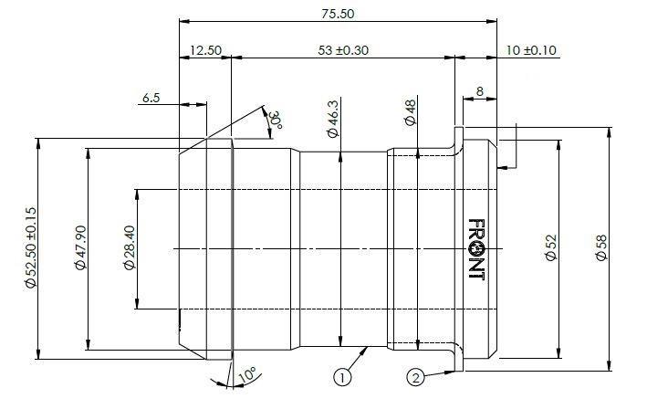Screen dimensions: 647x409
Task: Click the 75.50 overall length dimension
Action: point(338,14)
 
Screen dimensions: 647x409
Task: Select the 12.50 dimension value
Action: point(205,50)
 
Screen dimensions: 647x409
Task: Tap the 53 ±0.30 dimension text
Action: point(343,50)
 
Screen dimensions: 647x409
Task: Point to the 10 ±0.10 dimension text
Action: point(531,50)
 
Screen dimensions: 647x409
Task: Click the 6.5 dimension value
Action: point(151,98)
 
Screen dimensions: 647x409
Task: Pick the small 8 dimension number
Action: point(479,91)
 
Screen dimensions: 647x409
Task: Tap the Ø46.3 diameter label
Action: point(332,119)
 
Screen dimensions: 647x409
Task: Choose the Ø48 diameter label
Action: point(411,112)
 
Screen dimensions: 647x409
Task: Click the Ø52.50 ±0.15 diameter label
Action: point(30,247)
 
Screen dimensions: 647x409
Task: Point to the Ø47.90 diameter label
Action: point(81,247)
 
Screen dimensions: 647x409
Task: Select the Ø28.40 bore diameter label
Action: point(130,247)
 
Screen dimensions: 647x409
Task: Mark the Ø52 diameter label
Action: point(551,247)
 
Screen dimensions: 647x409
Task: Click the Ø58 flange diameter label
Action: point(601,247)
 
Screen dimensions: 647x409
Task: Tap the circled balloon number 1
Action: point(342,377)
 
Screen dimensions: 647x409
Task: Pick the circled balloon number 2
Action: point(415,377)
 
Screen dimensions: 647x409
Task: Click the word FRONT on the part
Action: point(475,249)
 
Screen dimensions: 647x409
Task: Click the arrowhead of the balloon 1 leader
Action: point(364,351)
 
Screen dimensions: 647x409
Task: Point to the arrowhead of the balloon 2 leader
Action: point(450,372)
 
